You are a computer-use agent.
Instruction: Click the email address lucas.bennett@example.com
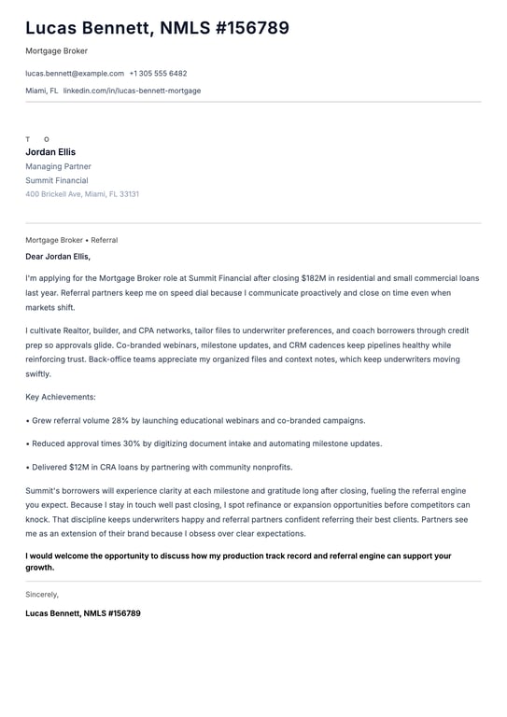[x=75, y=73]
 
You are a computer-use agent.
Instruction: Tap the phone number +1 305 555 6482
[x=158, y=73]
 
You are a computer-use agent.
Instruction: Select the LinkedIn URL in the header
[x=132, y=91]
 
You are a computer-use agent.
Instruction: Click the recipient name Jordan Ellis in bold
[x=50, y=152]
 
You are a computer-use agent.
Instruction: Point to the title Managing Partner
[x=58, y=166]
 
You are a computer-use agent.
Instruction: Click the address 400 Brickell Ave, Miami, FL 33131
[x=82, y=194]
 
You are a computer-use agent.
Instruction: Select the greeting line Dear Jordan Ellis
[x=58, y=256]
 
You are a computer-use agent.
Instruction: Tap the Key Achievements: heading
[x=61, y=397]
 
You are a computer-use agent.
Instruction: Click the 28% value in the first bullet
[x=124, y=421]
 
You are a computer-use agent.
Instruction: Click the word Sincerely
[x=42, y=594]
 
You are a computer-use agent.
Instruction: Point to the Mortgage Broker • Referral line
[x=71, y=240]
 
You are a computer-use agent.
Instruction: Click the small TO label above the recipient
[x=37, y=139]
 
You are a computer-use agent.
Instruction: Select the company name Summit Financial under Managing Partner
[x=57, y=180]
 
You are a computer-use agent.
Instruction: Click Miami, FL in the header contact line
[x=41, y=91]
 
